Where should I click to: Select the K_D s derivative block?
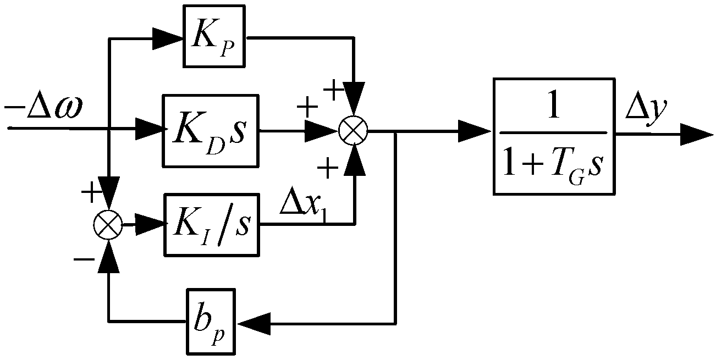pyautogui.click(x=210, y=131)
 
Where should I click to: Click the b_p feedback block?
pyautogui.click(x=210, y=314)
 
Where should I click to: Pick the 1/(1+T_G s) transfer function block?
pyautogui.click(x=553, y=136)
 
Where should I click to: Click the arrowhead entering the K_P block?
pyautogui.click(x=170, y=38)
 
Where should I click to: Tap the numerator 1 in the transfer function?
pyautogui.click(x=553, y=107)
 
